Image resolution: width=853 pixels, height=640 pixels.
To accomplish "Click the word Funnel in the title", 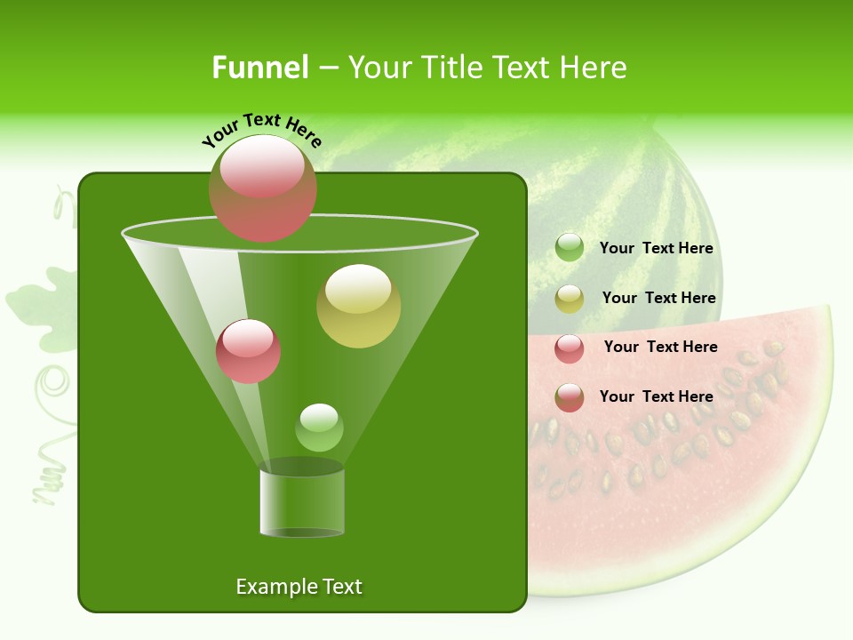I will (259, 68).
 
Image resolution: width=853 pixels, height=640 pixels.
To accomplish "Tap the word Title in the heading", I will (449, 68).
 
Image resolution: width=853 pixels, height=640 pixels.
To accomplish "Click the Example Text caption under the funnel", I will (299, 587).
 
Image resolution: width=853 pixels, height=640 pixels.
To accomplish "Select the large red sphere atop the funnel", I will (263, 188).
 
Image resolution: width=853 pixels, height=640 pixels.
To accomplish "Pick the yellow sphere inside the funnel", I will (358, 305).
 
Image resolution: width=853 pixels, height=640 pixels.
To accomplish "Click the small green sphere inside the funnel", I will (319, 428).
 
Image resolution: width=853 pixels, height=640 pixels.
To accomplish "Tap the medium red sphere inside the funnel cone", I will (248, 351).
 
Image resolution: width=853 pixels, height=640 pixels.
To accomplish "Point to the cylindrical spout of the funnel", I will (302, 502).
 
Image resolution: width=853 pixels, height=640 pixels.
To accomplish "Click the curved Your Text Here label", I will (261, 130).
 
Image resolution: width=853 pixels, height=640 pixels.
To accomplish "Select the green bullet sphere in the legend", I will (570, 248).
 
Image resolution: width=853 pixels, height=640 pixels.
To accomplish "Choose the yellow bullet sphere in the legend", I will (570, 299).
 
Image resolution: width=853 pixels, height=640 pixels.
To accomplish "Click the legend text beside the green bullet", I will (656, 249).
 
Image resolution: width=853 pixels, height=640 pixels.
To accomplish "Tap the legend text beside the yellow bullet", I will (658, 299).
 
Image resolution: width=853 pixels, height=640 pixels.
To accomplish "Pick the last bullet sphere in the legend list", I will (570, 397).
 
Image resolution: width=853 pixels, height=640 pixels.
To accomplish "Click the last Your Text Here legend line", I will (656, 396).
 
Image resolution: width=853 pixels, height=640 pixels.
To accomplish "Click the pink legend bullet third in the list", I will (570, 348).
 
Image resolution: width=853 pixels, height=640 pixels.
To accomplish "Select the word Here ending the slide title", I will (597, 68).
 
